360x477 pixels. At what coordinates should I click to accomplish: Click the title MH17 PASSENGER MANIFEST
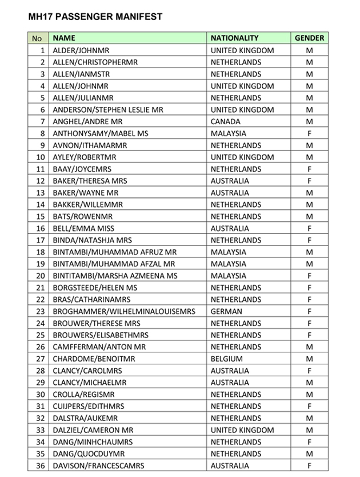coord(95,17)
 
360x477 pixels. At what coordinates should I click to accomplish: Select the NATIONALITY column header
coord(234,38)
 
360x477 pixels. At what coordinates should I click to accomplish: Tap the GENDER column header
coord(309,38)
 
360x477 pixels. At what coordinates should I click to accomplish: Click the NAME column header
coord(64,38)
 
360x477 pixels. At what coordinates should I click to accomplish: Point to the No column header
coord(37,38)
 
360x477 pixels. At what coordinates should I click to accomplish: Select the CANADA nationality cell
coord(226,121)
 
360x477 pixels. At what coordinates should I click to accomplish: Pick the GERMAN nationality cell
coord(226,311)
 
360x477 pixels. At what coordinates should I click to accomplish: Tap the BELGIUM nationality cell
coord(227,359)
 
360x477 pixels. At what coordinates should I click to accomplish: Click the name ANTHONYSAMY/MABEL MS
coord(100,133)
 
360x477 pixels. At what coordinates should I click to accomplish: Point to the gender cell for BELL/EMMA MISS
coord(309,228)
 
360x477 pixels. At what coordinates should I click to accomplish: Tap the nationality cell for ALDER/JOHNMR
coord(242,50)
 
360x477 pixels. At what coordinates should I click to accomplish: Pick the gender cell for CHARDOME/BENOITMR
coord(309,359)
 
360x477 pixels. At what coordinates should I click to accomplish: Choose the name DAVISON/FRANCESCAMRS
coord(98,466)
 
